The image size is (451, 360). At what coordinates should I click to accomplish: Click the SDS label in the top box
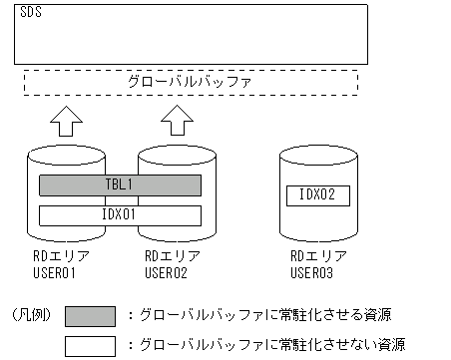coord(30,15)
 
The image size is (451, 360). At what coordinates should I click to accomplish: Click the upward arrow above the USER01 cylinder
coord(64,122)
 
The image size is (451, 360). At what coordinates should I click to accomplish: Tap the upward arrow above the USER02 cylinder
coord(178,122)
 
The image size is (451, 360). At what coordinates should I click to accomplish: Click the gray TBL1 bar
coord(120,185)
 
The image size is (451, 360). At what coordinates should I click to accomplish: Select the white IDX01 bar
coord(120,214)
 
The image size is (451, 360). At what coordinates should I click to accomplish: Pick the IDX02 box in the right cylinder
coord(317,194)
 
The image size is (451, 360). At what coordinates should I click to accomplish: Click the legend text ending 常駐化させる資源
coord(264,315)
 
